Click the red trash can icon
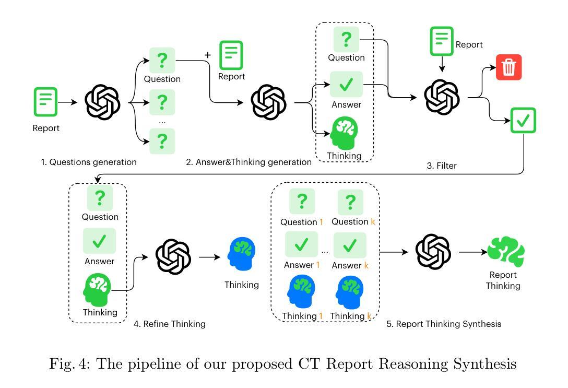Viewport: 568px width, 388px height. [x=508, y=67]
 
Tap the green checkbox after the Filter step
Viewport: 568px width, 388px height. [x=523, y=120]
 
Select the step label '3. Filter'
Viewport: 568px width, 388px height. [x=442, y=166]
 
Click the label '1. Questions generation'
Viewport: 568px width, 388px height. [x=89, y=162]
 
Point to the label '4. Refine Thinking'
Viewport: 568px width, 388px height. [x=170, y=324]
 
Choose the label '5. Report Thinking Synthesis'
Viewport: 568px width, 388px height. [x=444, y=324]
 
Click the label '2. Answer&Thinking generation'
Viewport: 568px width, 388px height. [x=249, y=162]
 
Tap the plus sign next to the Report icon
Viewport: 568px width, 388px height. [x=208, y=55]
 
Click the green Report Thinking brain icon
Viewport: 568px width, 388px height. [x=506, y=251]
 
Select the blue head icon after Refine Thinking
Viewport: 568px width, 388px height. [x=241, y=254]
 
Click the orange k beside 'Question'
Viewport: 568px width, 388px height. [x=373, y=221]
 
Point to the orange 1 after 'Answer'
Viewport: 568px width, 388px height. [x=318, y=265]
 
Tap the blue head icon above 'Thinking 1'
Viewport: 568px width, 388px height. [x=301, y=291]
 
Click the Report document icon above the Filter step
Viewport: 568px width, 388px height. [x=442, y=41]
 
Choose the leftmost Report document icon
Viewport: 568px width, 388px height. [x=45, y=102]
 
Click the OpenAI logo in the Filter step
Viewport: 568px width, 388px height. [x=442, y=97]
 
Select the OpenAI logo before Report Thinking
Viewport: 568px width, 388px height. [x=433, y=252]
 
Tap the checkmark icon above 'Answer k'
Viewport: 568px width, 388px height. [x=350, y=245]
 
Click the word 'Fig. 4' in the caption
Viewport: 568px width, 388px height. [x=69, y=364]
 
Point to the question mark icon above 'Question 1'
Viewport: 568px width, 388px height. [x=302, y=202]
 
